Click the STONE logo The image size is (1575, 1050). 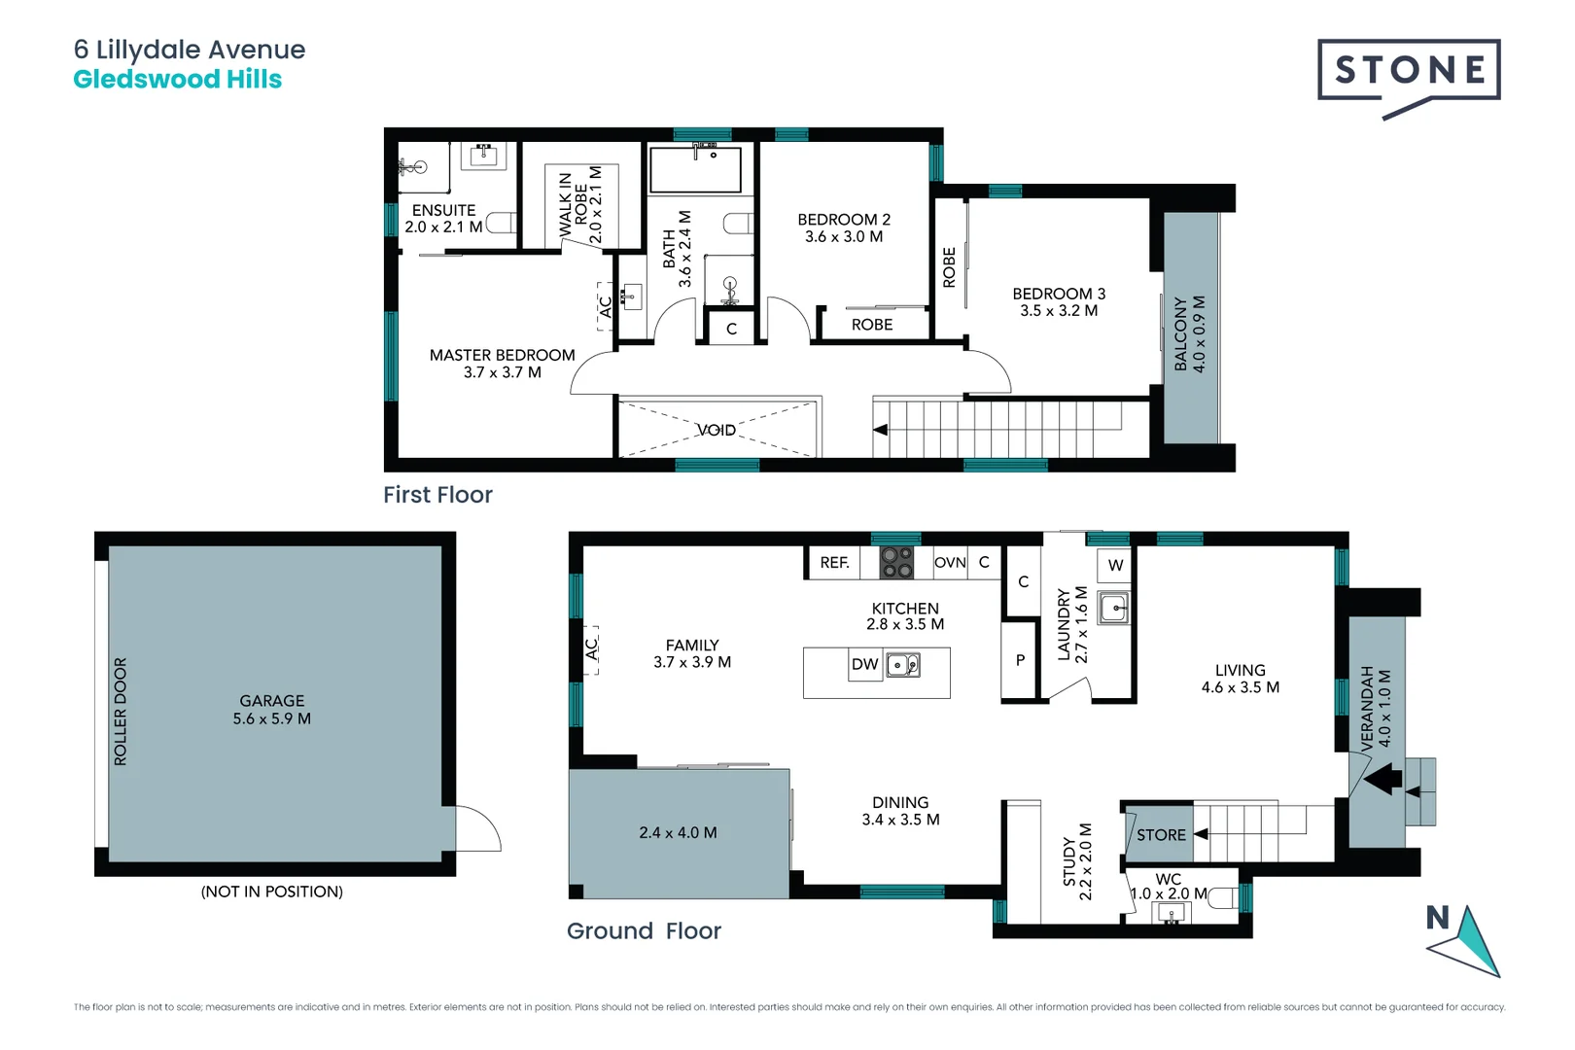[x=1408, y=71]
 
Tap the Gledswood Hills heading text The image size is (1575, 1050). [x=177, y=80]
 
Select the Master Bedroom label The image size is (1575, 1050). [x=502, y=356]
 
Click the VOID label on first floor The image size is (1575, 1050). [x=716, y=430]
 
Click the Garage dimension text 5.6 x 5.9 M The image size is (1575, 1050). [x=271, y=719]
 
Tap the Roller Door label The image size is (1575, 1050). [x=121, y=712]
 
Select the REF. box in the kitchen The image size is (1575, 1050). [x=834, y=563]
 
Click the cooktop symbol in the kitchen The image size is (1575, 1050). [x=896, y=563]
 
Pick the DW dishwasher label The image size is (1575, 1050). [x=864, y=665]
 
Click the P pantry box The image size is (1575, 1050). [x=1020, y=660]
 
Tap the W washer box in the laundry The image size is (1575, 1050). [x=1115, y=565]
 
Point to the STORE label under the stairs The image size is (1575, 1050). [x=1160, y=835]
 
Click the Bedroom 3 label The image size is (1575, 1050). [x=1059, y=294]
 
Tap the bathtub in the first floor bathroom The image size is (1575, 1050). [x=695, y=171]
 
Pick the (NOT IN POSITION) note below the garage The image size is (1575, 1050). [x=271, y=892]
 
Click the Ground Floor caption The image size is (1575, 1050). [x=644, y=931]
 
